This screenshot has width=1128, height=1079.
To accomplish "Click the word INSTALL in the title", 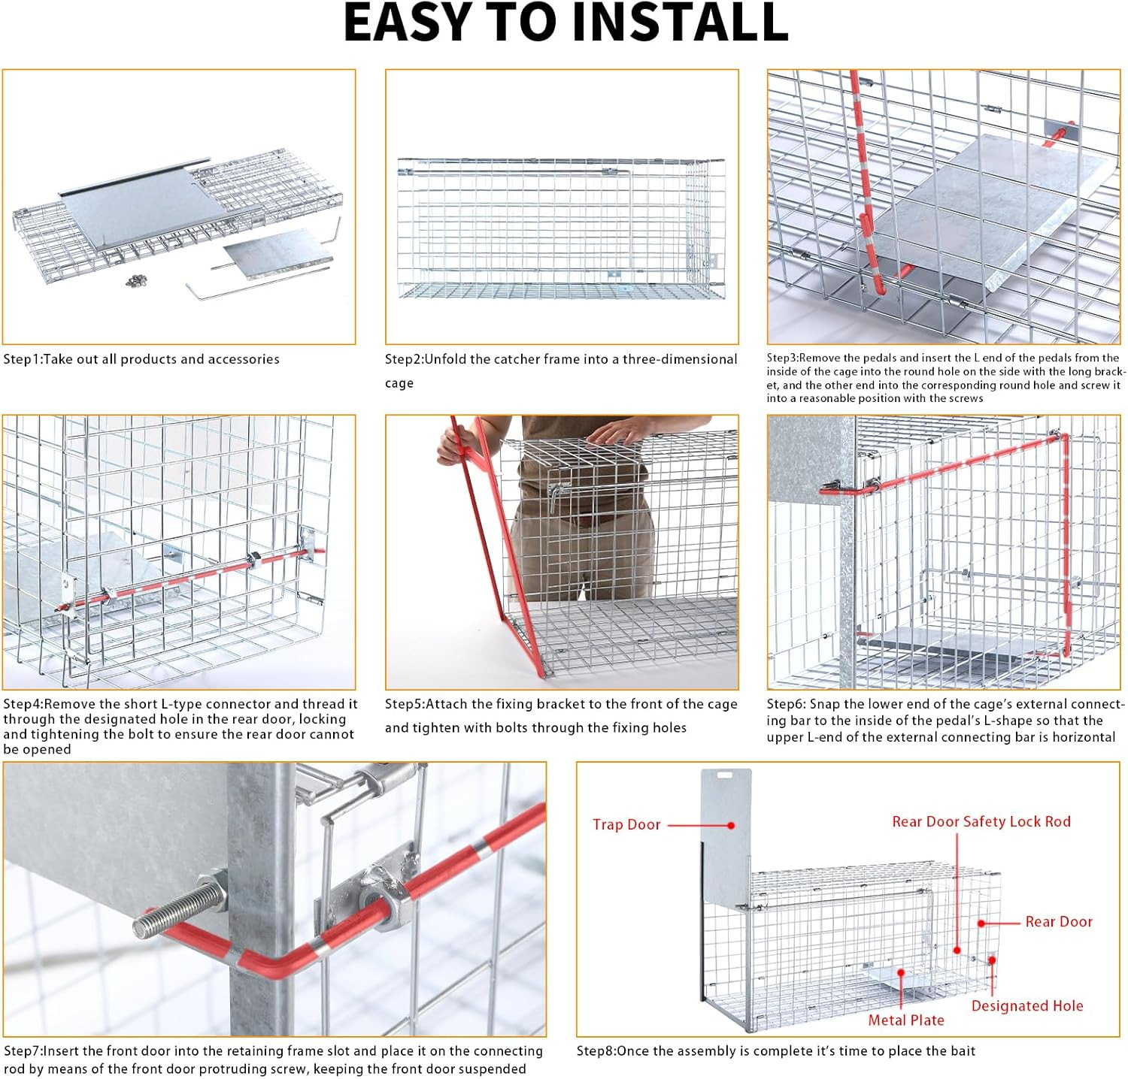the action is tap(681, 23).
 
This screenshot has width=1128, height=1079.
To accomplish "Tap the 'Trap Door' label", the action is tap(626, 824).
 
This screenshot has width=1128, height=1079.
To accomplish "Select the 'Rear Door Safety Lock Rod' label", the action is tap(981, 821).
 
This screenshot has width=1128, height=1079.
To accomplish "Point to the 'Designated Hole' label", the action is tap(1027, 1006).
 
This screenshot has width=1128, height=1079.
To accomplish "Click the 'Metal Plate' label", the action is tap(906, 1020).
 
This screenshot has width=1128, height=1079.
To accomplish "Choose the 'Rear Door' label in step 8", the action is tap(1059, 922).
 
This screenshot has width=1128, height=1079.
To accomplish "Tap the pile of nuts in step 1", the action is tap(136, 280).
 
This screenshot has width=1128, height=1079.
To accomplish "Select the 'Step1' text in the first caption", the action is tap(21, 359).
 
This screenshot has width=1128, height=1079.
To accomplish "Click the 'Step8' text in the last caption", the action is tap(595, 1051).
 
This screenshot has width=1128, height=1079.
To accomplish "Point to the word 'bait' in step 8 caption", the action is tap(963, 1051).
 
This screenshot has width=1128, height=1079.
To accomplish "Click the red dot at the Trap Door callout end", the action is tap(731, 825).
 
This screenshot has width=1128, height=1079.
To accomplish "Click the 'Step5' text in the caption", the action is tap(403, 704).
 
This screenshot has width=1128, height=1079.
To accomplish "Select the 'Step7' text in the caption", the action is tap(21, 1051).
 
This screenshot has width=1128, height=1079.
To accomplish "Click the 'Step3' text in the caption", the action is tap(781, 358).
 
